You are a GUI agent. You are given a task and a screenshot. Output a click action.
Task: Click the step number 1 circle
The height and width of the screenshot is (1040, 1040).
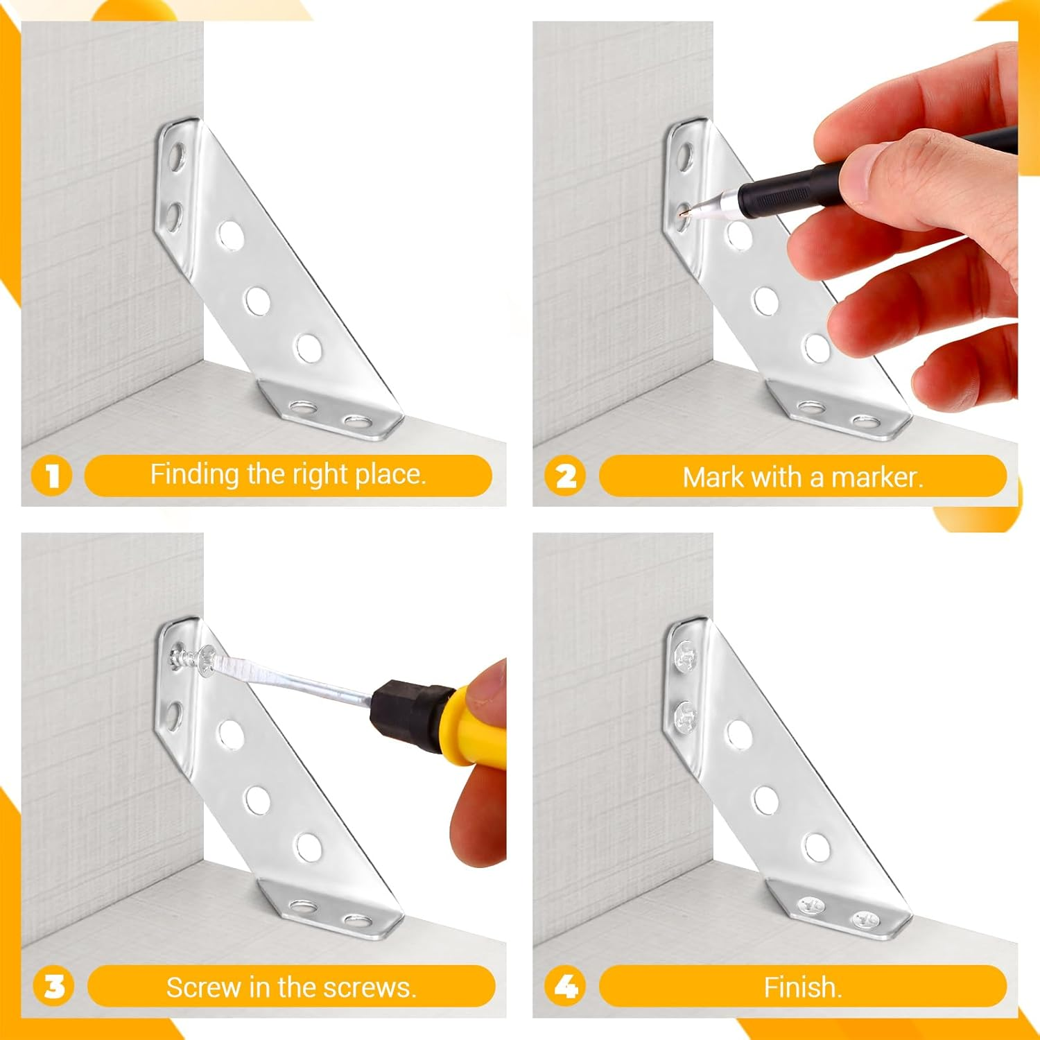(x=52, y=476)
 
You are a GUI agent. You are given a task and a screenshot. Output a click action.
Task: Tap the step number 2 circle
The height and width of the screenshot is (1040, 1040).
(x=566, y=476)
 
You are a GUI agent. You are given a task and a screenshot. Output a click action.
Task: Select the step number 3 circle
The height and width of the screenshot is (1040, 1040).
(x=53, y=986)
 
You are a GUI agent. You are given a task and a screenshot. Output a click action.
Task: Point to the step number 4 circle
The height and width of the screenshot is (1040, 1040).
(x=566, y=986)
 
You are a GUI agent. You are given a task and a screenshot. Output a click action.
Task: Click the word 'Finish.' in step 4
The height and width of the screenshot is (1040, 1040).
(x=803, y=987)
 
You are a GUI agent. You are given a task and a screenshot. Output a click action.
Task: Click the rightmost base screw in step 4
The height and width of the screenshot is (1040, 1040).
(x=865, y=920)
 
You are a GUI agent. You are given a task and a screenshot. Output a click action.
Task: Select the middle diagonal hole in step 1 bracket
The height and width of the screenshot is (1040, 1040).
(x=257, y=300)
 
